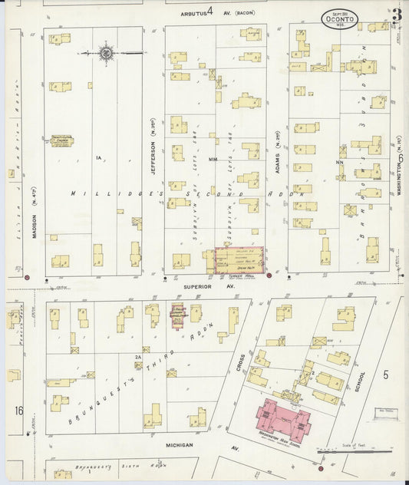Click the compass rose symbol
(106, 53)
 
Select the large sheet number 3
(396, 15)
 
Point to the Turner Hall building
(239, 260)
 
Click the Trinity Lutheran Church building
(62, 140)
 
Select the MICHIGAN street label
(177, 444)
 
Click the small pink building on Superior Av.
(177, 315)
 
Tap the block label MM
(213, 160)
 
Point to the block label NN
(338, 162)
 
